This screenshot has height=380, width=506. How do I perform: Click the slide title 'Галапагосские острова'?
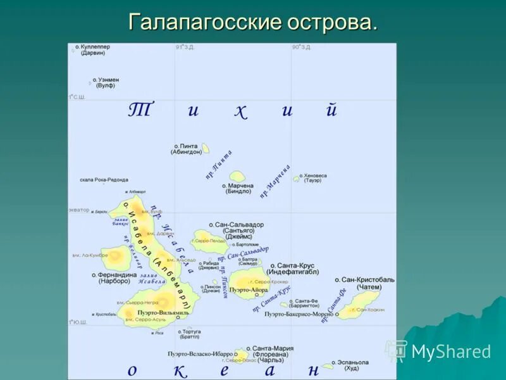(x=253, y=22)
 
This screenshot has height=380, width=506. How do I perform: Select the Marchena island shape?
(x=237, y=177)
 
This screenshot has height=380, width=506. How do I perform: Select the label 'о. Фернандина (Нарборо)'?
(x=114, y=278)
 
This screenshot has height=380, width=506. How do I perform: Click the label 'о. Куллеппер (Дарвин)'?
(x=92, y=50)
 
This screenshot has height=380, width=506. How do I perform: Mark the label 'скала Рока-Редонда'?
(x=104, y=180)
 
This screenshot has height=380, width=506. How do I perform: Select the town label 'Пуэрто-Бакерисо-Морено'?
(x=299, y=314)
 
